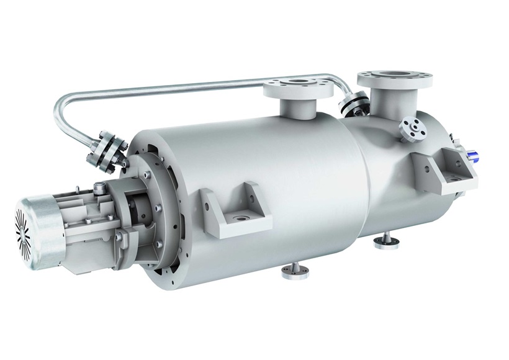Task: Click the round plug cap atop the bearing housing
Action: pos(103,186)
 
